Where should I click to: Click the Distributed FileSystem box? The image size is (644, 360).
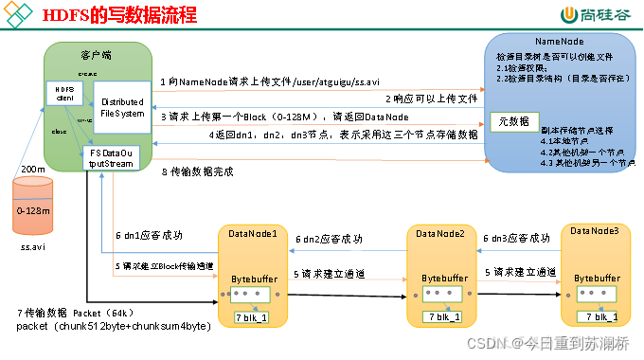point(120,107)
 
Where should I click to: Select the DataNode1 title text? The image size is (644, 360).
point(253,232)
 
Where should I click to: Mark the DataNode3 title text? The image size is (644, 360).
point(595,231)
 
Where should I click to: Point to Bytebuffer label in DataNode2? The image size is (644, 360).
point(442,279)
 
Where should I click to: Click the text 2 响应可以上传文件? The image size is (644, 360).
point(428,99)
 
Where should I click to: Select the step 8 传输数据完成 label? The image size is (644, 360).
point(196,171)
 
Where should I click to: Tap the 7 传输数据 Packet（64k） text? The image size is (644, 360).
point(78,313)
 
